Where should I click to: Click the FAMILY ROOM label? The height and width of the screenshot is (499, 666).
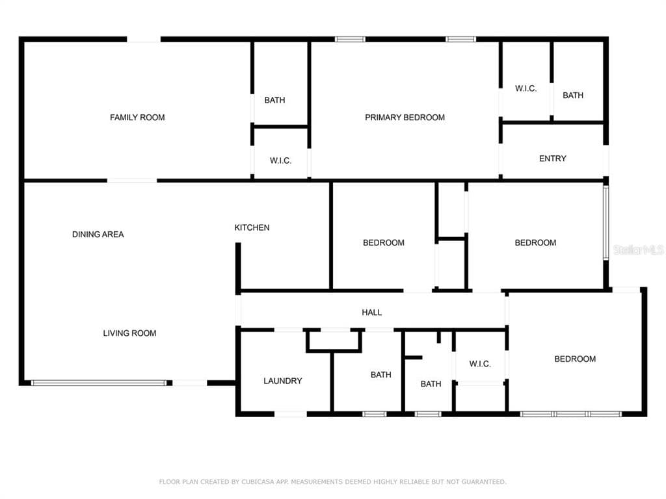pyautogui.click(x=137, y=118)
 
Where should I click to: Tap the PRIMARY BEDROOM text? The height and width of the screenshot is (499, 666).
pyautogui.click(x=405, y=118)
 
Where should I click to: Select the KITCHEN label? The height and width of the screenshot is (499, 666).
pyautogui.click(x=252, y=227)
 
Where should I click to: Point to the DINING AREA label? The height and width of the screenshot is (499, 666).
pyautogui.click(x=98, y=235)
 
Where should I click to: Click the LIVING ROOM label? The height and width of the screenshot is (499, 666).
pyautogui.click(x=129, y=333)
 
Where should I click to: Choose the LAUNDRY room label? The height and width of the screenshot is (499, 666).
pyautogui.click(x=282, y=381)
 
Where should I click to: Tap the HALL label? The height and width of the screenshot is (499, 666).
pyautogui.click(x=371, y=313)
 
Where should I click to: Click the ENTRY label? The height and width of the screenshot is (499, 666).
pyautogui.click(x=552, y=159)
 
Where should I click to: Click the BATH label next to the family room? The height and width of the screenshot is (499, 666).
pyautogui.click(x=274, y=100)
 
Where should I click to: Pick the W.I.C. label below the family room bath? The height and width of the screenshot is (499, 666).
pyautogui.click(x=280, y=160)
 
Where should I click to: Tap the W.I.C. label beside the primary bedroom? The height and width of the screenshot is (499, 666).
pyautogui.click(x=526, y=88)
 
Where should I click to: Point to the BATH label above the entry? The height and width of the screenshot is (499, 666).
pyautogui.click(x=572, y=96)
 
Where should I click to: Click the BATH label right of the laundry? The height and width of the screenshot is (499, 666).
pyautogui.click(x=380, y=375)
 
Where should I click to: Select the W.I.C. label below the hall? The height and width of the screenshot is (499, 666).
pyautogui.click(x=479, y=364)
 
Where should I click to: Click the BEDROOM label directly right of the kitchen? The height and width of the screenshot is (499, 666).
pyautogui.click(x=383, y=243)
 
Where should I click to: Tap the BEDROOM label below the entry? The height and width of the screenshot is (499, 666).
pyautogui.click(x=535, y=243)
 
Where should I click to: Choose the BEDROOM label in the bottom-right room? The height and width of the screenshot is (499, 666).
pyautogui.click(x=574, y=359)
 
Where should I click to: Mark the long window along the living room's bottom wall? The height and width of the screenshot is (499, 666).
pyautogui.click(x=99, y=383)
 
